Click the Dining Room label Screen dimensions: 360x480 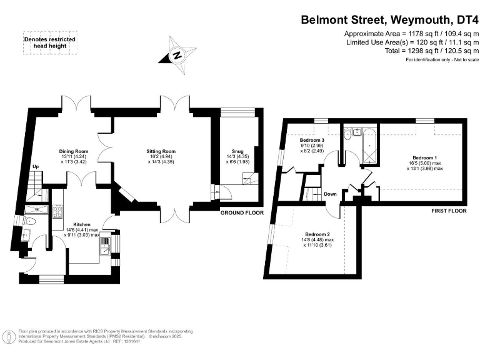pos(74,151)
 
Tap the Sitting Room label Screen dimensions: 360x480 pos(161,151)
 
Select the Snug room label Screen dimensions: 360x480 pos(237,151)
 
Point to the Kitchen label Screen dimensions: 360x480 pos(82,224)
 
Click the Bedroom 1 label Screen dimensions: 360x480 pos(425,157)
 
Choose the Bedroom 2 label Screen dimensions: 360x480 pos(317,234)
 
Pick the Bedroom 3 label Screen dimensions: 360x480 pos(311,141)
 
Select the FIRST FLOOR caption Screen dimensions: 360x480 pos(449,211)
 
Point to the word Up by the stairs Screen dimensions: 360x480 pos(36,167)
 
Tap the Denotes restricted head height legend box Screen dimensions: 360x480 pos(49,42)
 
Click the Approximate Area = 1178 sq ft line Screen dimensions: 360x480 pos(411,33)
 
